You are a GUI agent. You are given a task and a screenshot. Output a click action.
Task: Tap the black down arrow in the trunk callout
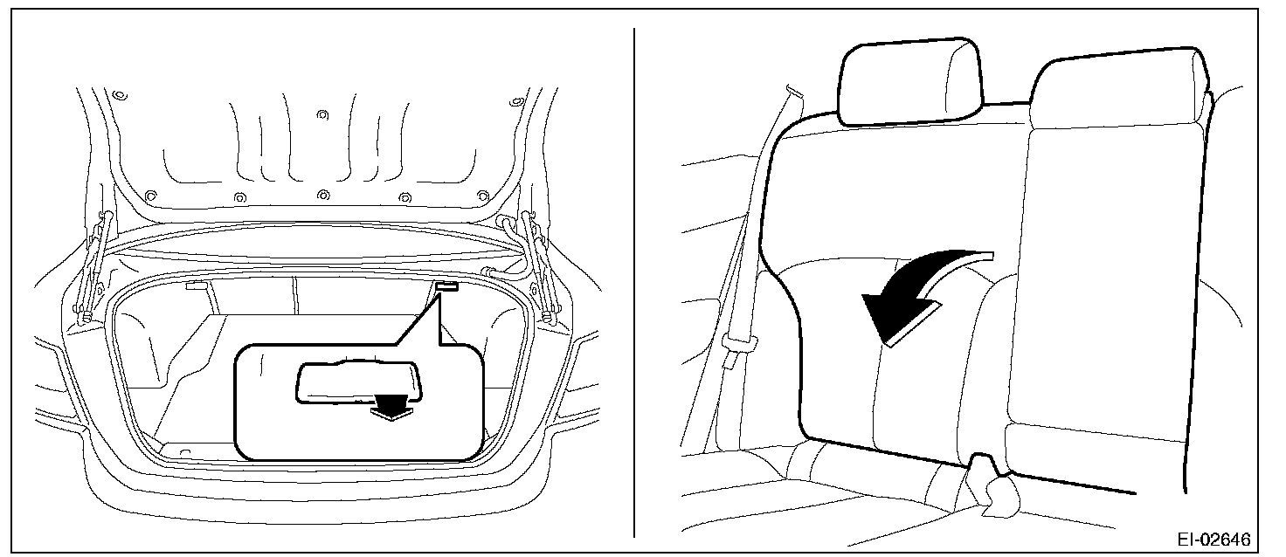tap(391, 407)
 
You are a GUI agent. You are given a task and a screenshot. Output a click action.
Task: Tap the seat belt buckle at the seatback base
tap(992, 486)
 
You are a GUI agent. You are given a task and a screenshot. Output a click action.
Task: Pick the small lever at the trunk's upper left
tap(197, 285)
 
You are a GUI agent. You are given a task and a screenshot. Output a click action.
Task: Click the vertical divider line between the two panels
tap(634, 282)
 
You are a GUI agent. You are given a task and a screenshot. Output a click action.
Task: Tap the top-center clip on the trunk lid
tap(322, 114)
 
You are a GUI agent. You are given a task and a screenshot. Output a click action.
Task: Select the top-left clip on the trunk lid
tap(120, 94)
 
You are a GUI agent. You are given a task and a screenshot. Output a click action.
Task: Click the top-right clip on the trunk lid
tap(516, 103)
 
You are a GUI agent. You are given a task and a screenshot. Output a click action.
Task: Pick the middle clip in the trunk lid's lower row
tap(323, 195)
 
